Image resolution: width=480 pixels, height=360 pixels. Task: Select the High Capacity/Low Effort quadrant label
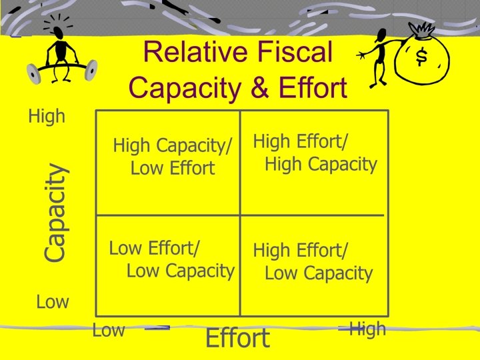coord(172,157)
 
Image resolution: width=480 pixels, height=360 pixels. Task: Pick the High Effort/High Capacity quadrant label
coord(315,153)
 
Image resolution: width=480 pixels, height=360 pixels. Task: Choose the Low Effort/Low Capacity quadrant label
coord(171,259)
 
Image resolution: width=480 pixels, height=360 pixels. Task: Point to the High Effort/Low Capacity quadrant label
coord(313,262)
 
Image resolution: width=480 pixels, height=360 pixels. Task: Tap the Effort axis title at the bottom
coord(237,339)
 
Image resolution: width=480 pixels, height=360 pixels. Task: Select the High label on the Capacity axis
coord(47,117)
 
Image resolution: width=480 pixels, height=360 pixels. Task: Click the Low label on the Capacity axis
coord(53,302)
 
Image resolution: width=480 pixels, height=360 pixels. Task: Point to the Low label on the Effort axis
coord(108,330)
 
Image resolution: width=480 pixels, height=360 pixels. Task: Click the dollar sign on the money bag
coord(421,58)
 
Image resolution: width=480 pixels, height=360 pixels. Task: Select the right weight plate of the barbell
coord(91,68)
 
